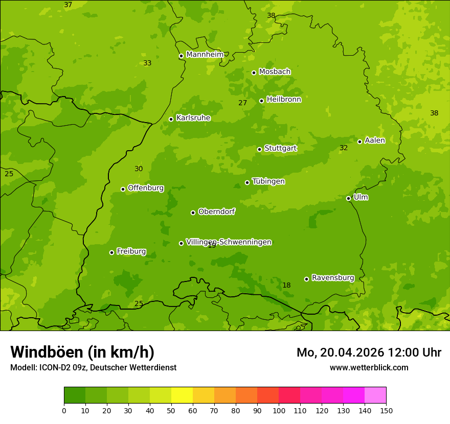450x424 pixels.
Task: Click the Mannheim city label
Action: [x=205, y=55]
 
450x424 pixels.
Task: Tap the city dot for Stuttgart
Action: [x=259, y=149]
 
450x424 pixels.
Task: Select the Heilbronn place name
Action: [x=284, y=100]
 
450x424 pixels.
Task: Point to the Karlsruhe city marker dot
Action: [x=171, y=119]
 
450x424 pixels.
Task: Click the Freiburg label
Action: [x=131, y=251]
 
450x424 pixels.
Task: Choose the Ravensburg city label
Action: [x=333, y=278]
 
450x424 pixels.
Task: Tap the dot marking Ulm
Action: [x=348, y=198]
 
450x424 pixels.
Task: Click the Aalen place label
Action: [x=375, y=140]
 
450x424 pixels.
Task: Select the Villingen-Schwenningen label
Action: [x=229, y=242]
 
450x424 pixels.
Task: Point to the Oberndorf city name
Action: [x=217, y=211]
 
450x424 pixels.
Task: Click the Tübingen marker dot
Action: [x=247, y=182]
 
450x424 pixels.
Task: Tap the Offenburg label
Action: [x=146, y=188]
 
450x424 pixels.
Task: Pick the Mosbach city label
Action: [x=275, y=72]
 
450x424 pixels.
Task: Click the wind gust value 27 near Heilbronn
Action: [x=243, y=103]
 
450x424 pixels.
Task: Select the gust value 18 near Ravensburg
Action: [x=286, y=286]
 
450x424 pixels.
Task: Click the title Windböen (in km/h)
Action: [x=82, y=352]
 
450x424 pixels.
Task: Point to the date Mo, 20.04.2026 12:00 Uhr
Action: [x=369, y=352]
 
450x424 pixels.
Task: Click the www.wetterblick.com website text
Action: [x=369, y=367]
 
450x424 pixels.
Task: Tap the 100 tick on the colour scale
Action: [x=279, y=410]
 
